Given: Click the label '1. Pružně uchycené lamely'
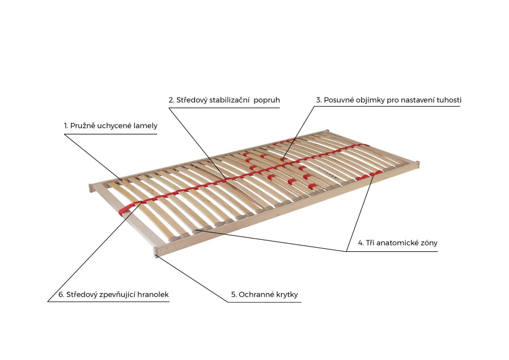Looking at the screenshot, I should [111, 125].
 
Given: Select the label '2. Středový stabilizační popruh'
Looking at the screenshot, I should [224, 100].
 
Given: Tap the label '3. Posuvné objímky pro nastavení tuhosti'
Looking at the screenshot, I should [388, 100].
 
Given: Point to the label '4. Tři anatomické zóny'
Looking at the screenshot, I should [397, 243].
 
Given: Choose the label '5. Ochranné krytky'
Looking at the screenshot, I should [264, 295].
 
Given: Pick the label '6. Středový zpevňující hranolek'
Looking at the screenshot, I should [113, 295].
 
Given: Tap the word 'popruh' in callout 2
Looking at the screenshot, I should [267, 100].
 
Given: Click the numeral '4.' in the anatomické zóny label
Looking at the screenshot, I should [360, 243].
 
